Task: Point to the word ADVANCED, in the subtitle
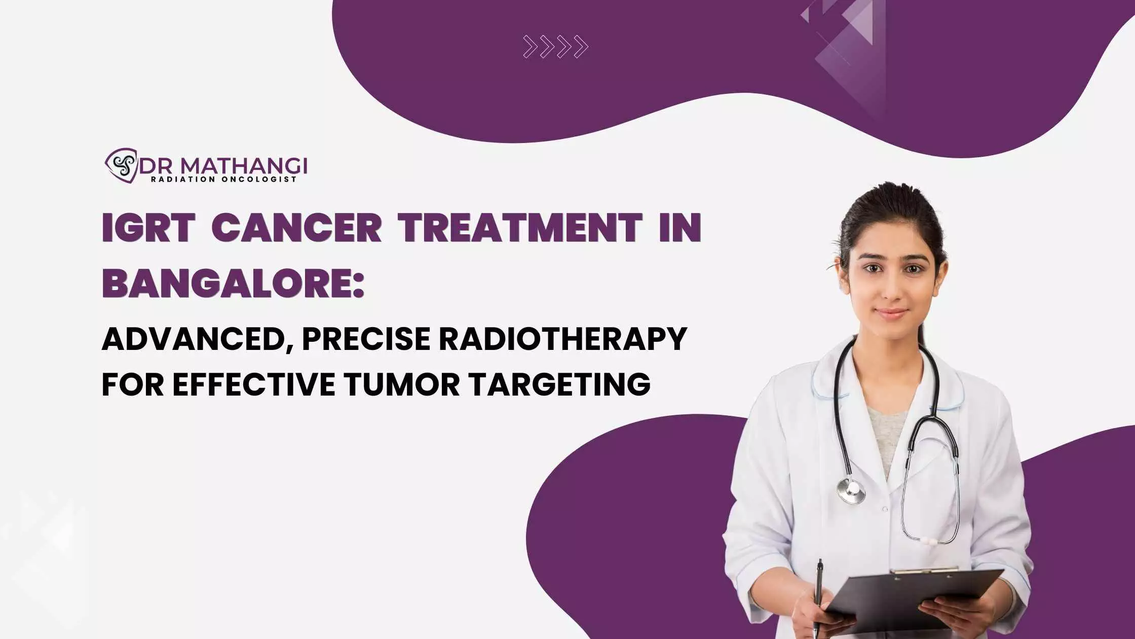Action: point(194,340)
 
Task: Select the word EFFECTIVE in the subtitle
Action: point(253,384)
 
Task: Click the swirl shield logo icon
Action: point(121,165)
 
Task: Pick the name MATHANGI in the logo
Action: point(244,165)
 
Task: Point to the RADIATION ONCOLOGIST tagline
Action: point(223,179)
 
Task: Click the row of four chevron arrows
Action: point(556,47)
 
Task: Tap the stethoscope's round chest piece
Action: point(851,490)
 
